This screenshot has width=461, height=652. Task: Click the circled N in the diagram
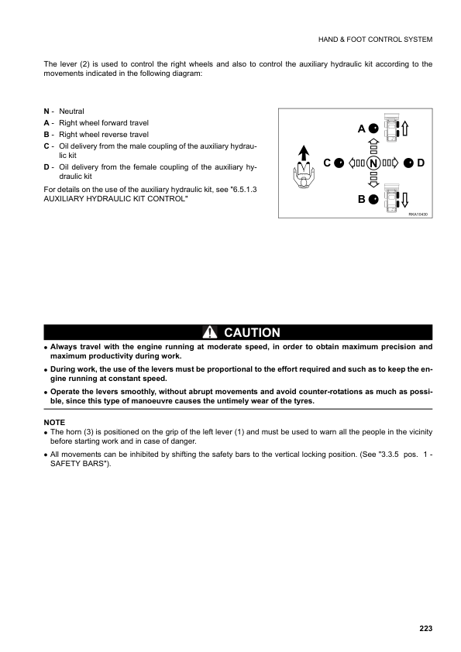coord(373,163)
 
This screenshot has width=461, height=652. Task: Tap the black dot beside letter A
coord(373,128)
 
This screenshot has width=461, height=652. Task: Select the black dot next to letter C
coord(339,163)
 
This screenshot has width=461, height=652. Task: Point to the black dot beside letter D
coord(408,163)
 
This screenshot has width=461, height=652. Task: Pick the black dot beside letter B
coord(373,199)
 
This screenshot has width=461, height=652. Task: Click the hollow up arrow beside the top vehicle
coord(405,128)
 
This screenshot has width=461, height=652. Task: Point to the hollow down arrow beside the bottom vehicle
coord(405,198)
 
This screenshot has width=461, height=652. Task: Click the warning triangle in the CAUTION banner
coord(210,333)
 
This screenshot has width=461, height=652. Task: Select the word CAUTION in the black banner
coord(252,333)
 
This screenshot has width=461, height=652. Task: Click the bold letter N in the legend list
coord(47,112)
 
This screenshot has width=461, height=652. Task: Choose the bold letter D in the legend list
coord(47,166)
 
